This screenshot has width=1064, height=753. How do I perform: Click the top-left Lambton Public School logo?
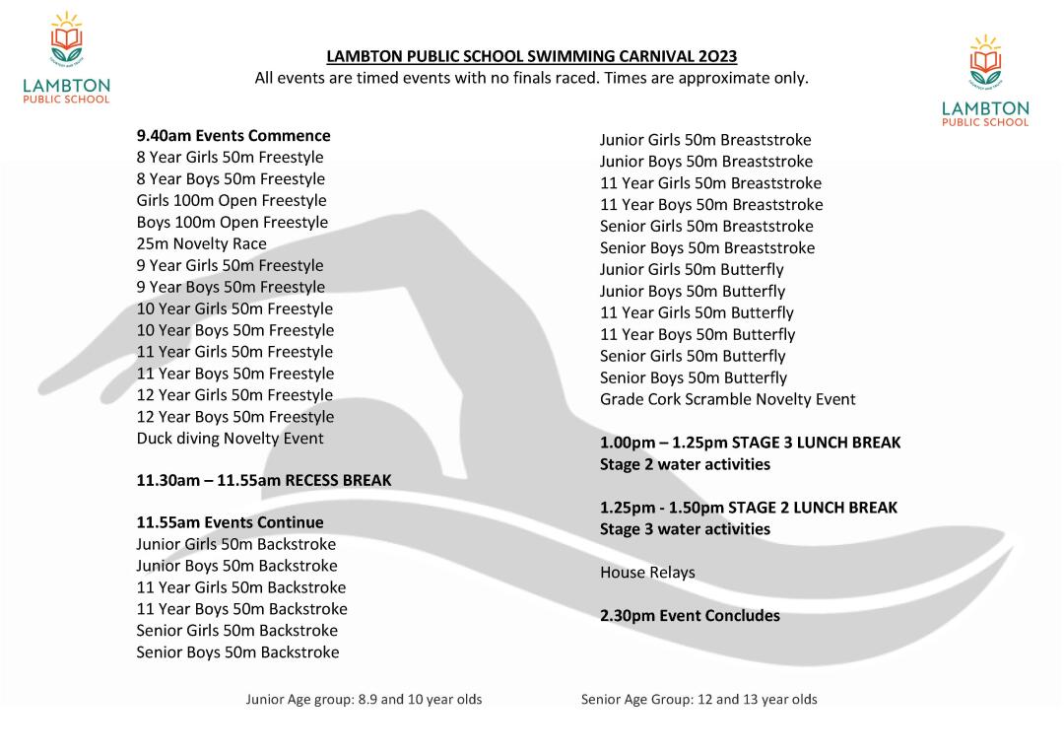[x=66, y=59]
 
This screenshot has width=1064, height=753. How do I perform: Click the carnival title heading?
[x=531, y=56]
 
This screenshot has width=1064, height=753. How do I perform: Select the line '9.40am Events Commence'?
[x=233, y=136]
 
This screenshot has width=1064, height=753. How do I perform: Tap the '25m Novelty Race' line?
[x=201, y=243]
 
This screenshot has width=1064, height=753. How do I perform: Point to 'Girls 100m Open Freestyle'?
[x=232, y=201]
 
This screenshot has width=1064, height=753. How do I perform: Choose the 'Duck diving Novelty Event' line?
[x=230, y=439]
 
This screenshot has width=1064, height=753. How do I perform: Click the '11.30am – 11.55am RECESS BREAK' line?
[x=263, y=481]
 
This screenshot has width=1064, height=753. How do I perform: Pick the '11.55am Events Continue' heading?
[x=230, y=522]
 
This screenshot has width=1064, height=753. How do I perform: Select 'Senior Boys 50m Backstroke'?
[x=237, y=652]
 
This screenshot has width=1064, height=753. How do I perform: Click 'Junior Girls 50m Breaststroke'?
[x=705, y=140]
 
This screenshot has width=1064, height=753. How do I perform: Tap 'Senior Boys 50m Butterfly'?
[x=694, y=377]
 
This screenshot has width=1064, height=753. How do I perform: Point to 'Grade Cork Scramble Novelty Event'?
[x=727, y=399]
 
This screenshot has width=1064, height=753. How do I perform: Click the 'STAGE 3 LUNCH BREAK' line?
[x=750, y=443]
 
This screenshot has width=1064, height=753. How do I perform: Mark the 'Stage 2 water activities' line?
[x=685, y=464]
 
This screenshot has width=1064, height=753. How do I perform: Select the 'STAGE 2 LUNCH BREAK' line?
[x=749, y=508]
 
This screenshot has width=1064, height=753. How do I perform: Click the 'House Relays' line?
[x=647, y=573]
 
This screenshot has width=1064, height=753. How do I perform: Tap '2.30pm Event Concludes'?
[x=690, y=616]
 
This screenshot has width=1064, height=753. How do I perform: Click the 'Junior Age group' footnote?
[x=364, y=700]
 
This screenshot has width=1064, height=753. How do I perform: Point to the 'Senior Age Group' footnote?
[x=698, y=700]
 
